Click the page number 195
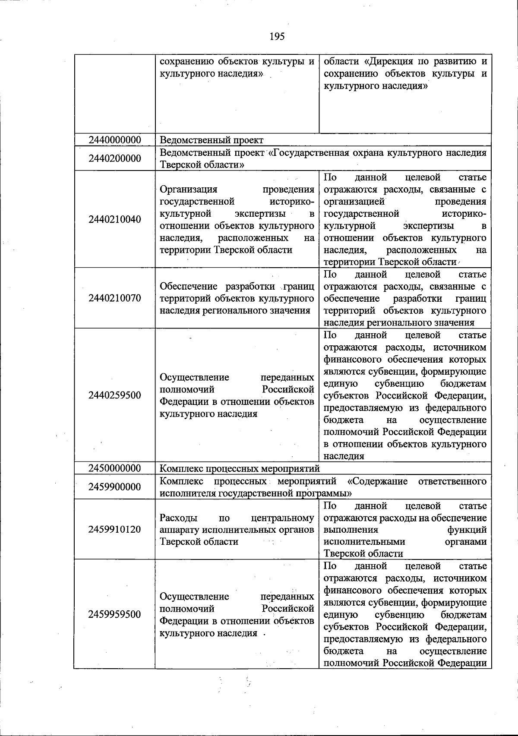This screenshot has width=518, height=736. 277,36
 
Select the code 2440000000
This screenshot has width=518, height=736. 115,140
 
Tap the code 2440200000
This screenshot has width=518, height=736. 115,158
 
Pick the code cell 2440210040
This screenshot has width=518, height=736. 115,219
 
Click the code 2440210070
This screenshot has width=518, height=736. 115,298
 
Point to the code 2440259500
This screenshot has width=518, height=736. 115,395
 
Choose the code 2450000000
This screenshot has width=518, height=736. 115,468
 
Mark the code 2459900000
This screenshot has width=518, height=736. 115,487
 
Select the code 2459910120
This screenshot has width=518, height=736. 115,529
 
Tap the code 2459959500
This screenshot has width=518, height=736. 115,614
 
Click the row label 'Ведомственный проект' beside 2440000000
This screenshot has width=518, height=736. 212,140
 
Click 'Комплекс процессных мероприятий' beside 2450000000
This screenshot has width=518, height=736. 240,468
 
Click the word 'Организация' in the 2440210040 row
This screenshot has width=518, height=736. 188,189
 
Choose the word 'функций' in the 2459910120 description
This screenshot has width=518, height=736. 468,530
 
